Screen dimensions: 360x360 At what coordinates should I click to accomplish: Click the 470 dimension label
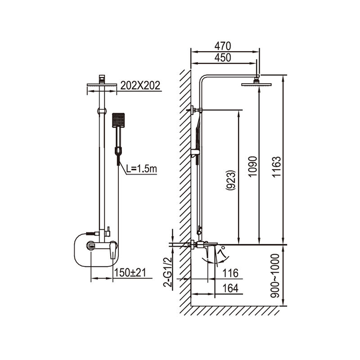point(222,46)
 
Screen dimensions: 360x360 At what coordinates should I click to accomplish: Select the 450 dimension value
point(222,58)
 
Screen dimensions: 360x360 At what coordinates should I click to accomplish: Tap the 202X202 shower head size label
point(140,85)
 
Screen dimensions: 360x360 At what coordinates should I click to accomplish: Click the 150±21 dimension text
point(130,273)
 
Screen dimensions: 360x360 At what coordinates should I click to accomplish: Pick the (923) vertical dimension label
point(230,180)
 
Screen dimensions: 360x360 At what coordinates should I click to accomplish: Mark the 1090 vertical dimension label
point(253,166)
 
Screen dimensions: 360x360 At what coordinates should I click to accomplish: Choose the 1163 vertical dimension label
point(276,166)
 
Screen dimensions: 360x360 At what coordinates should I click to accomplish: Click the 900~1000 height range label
point(275,276)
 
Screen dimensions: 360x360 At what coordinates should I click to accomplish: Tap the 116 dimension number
point(230,273)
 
